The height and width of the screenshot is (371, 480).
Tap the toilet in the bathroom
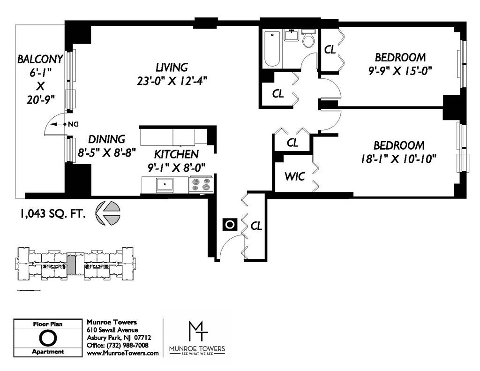308,38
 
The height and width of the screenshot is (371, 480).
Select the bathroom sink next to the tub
292,35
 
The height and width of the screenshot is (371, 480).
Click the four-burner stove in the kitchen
201,184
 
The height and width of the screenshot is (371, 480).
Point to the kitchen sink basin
165,185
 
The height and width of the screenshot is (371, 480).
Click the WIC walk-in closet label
295,176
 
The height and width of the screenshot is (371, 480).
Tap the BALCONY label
40,59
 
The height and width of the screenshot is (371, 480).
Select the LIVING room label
172,68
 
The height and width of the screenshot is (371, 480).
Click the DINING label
106,139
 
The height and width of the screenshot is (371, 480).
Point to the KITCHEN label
176,154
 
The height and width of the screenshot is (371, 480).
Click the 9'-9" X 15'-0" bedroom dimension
400,71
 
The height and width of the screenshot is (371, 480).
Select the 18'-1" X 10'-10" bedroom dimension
398,159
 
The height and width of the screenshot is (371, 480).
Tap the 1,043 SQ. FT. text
52,213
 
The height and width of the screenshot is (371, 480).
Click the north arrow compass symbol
108,213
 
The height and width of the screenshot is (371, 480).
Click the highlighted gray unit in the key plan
71,265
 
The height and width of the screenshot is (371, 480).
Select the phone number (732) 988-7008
127,345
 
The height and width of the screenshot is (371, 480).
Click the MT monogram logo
197,331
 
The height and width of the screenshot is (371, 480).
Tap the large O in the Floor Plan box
48,338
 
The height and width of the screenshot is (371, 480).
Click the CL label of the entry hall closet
256,226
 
